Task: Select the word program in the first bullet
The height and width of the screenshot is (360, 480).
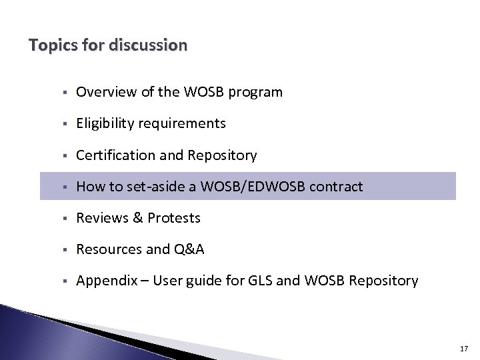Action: pos(255,92)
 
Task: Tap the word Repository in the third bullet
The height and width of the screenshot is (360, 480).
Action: pos(223,156)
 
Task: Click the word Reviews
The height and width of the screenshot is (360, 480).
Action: pos(101,218)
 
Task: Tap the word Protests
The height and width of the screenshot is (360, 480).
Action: pos(174,218)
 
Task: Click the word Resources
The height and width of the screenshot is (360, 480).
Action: pos(109,249)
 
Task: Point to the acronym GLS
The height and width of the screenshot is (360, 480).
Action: pos(259,281)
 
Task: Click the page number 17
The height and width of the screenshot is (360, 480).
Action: pos(463,349)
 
